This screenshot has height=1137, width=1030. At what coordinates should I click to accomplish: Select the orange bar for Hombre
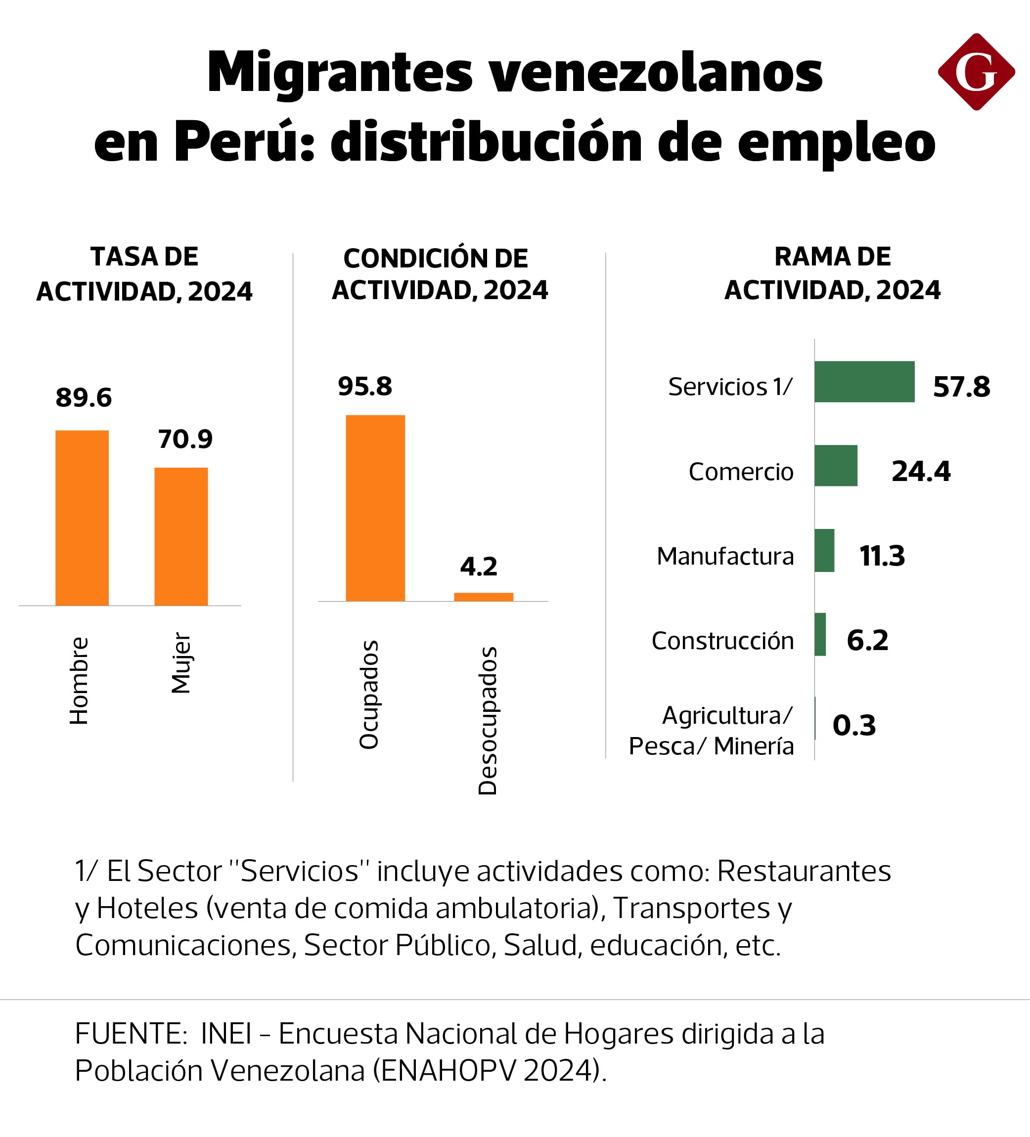point(82,518)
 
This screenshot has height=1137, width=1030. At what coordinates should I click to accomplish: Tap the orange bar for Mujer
point(181,536)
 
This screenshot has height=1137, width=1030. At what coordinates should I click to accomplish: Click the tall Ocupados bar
point(375,508)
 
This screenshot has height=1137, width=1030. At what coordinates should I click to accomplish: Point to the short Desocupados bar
point(484,597)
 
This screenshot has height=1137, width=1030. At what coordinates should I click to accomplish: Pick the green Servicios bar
point(864,382)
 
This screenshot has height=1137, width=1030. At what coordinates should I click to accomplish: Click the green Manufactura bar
point(825,550)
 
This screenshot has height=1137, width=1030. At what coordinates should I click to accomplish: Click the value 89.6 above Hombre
point(84,398)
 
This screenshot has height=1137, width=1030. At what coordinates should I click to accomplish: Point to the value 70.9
point(185,439)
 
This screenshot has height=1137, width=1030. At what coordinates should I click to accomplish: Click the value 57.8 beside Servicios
point(961,387)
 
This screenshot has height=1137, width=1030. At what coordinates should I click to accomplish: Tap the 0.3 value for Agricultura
point(854,725)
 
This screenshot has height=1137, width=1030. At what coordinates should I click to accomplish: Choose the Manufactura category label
point(725,557)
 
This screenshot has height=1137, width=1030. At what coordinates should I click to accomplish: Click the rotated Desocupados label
point(488,720)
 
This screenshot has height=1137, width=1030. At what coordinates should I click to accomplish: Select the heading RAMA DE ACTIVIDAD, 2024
point(832,273)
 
